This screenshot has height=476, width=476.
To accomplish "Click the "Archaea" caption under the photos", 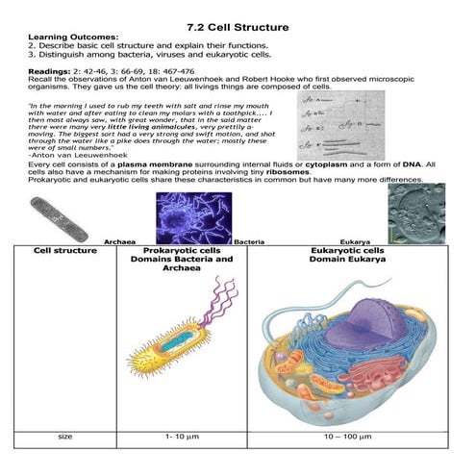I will point(118,241).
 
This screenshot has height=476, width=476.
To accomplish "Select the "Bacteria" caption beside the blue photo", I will point(249,241).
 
